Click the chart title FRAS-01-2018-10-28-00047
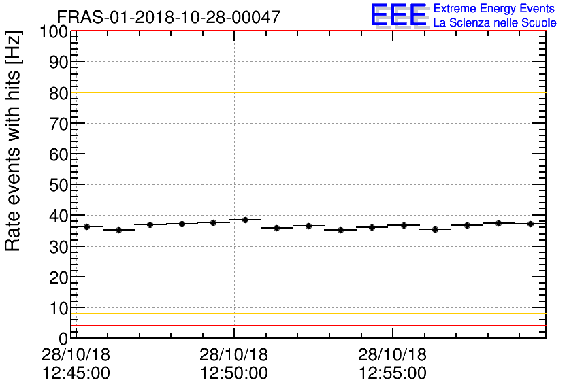(167, 17)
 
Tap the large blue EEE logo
(399, 15)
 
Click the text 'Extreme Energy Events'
(493, 8)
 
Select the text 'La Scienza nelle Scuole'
(495, 22)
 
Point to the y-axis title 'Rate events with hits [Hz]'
(14, 141)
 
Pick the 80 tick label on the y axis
(59, 93)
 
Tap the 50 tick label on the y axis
(59, 185)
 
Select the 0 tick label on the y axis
(63, 339)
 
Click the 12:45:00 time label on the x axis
(76, 373)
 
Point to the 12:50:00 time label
(233, 373)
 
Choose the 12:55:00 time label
(392, 373)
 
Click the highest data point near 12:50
(245, 220)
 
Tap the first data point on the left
(86, 226)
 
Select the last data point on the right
(530, 224)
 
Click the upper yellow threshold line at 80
(306, 92)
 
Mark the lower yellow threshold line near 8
(306, 314)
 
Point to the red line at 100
(306, 31)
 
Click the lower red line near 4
(306, 326)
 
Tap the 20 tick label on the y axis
(59, 277)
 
